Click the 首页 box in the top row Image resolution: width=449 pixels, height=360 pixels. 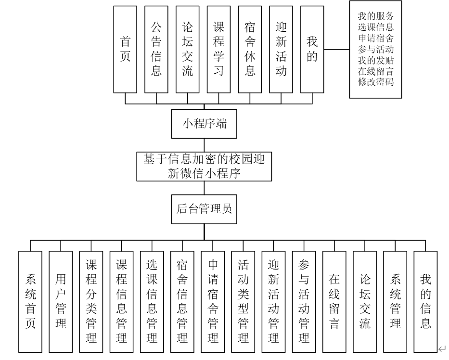pyautogui.click(x=125, y=50)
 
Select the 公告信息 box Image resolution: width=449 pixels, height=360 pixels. pyautogui.click(x=156, y=50)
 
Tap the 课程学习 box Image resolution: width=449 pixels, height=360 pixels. pyautogui.click(x=219, y=50)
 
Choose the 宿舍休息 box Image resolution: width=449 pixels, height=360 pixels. pyautogui.click(x=250, y=50)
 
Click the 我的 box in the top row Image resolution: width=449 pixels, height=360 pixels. pyautogui.click(x=312, y=50)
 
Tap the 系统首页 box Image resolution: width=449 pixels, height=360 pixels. pyautogui.click(x=30, y=302)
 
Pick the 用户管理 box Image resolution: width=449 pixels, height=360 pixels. pyautogui.click(x=61, y=302)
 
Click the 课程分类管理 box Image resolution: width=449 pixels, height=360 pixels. pyautogui.click(x=91, y=302)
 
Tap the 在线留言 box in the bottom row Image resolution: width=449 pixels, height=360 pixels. pyautogui.click(x=334, y=302)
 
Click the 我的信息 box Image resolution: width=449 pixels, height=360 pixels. pyautogui.click(x=425, y=302)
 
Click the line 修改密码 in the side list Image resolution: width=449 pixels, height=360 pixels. pyautogui.click(x=376, y=81)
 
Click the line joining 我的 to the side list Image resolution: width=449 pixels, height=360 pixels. pyautogui.click(x=337, y=50)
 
